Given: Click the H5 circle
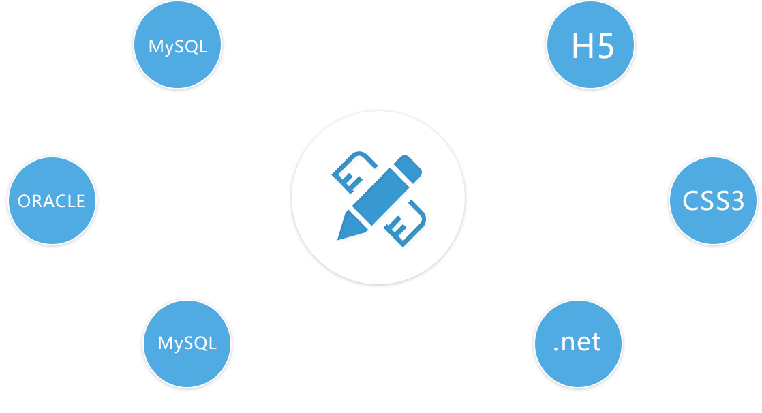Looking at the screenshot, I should pos(591,45).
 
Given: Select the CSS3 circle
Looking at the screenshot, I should pos(713,200).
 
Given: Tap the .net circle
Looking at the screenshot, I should pos(577,342).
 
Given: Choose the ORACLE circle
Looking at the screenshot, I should pos(52,201).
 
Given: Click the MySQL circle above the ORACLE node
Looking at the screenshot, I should pos(177,47).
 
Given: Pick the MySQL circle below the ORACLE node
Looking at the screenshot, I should pos(187,343).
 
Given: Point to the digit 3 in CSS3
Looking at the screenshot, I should pos(735,201).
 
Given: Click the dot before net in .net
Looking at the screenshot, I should pos(556,349).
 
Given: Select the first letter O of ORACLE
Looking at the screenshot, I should pos(23,202).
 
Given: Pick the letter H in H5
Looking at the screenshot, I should pos(582,47).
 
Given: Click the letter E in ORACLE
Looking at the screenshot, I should pos(80,202).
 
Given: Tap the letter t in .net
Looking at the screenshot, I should pos(597,342).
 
